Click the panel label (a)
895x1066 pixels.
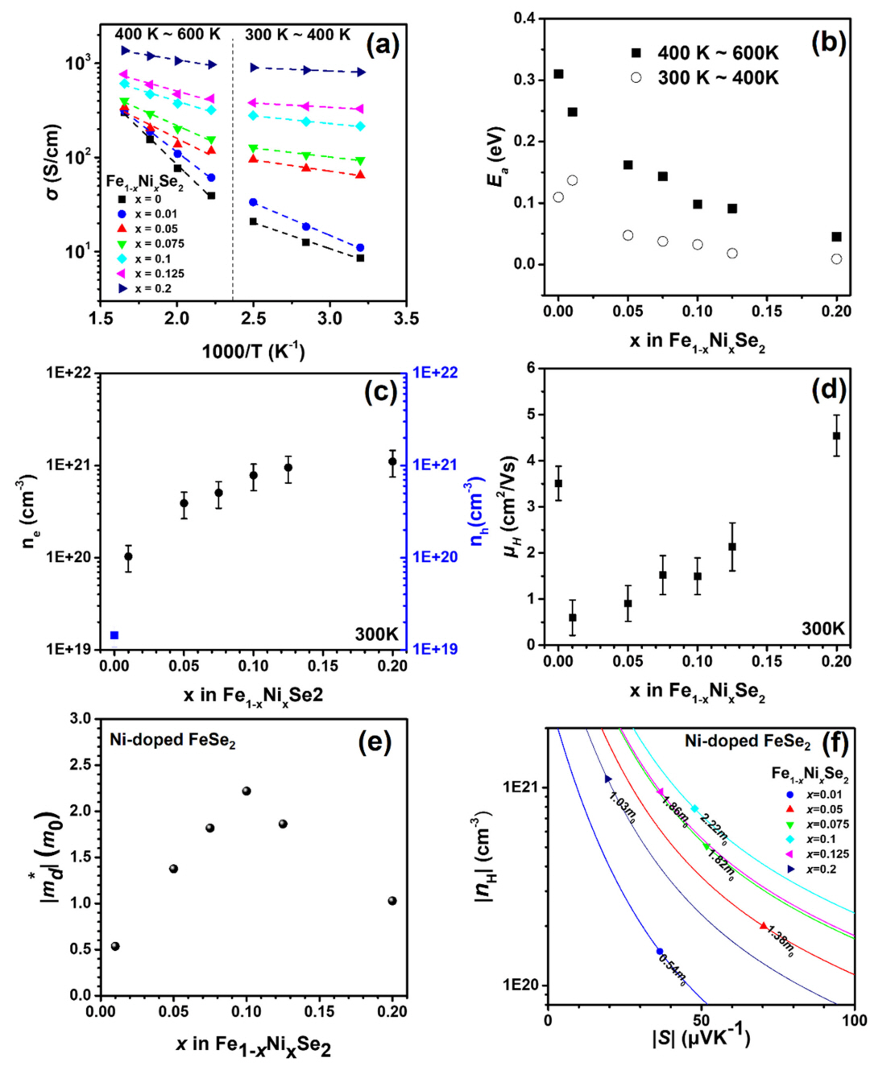point(383,43)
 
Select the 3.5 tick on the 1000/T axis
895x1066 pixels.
point(406,319)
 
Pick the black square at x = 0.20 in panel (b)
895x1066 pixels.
point(837,237)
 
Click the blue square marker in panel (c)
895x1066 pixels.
point(114,635)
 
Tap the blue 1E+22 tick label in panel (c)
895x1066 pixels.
point(435,373)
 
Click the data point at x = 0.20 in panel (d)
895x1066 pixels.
point(837,436)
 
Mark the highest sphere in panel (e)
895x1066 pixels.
point(247,791)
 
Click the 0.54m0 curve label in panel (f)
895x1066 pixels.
point(673,969)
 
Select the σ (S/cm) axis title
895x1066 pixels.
point(53,162)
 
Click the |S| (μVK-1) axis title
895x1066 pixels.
point(701,1037)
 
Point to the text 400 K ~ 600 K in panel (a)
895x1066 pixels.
point(167,35)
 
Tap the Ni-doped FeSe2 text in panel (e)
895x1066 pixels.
point(172,740)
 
